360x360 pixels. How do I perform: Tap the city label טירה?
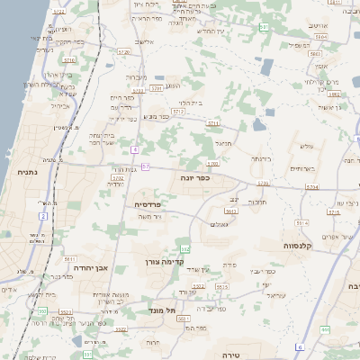pyautogui.click(x=230, y=355)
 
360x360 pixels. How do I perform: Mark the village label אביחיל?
pyautogui.click(x=59, y=105)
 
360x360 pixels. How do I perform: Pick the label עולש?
pyautogui.click(x=306, y=146)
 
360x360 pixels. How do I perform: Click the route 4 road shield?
pyautogui.click(x=133, y=148)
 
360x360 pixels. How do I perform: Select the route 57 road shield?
pyautogui.click(x=145, y=166)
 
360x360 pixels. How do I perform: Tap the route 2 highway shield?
pyautogui.click(x=42, y=216)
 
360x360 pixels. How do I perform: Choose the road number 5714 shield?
pyautogui.click(x=311, y=186)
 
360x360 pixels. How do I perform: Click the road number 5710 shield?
pyautogui.click(x=212, y=163)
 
